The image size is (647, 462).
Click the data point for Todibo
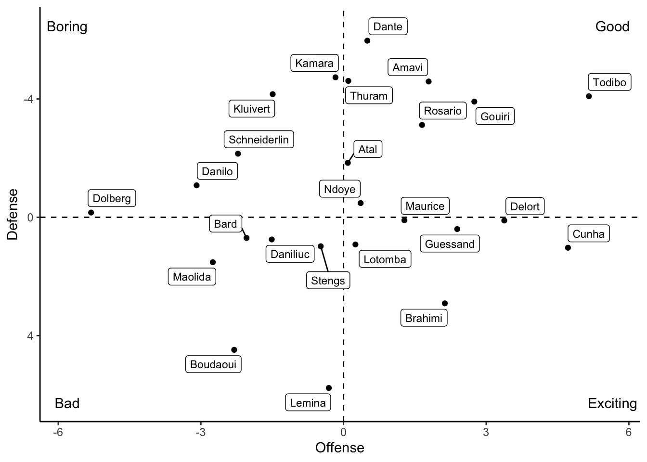[589, 96]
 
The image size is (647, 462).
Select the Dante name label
[388, 26]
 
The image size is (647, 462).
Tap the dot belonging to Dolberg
[91, 213]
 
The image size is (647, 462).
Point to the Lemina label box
[308, 403]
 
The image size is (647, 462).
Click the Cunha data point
[568, 248]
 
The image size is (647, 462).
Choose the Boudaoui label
[213, 364]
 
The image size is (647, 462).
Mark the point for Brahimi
[445, 304]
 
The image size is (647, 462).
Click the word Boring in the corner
[67, 26]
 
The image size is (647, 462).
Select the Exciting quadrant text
[612, 403]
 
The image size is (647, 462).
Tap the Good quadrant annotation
[612, 26]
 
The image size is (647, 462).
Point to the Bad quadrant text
[67, 403]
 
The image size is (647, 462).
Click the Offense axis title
[340, 448]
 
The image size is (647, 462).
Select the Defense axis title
[13, 214]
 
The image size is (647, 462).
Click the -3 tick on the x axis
[201, 432]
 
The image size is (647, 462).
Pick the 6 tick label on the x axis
[629, 432]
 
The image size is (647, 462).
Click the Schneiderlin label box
[259, 140]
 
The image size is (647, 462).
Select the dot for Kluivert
[272, 94]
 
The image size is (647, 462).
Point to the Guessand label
[450, 244]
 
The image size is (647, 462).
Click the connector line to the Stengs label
[324, 260]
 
